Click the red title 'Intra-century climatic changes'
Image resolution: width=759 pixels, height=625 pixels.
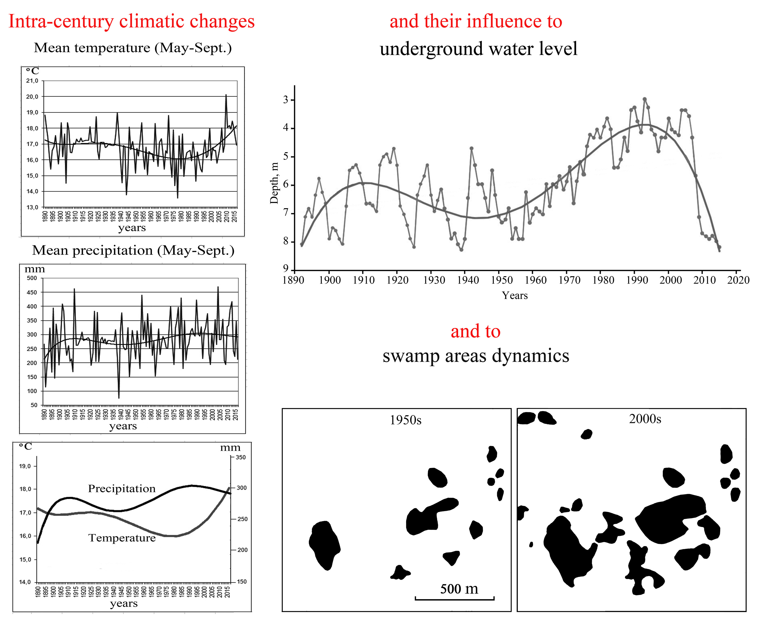point(131,21)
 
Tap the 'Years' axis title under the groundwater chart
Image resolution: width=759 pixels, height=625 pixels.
point(514,296)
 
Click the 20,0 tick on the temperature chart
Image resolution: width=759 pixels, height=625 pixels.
point(32,97)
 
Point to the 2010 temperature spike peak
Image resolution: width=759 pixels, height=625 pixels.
point(226,95)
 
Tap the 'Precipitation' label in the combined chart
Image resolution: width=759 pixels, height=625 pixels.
point(122,489)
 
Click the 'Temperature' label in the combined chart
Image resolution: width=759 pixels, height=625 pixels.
point(122,538)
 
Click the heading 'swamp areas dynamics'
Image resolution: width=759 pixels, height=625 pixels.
point(476,356)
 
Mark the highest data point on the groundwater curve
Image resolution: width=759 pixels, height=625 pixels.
point(644,99)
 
